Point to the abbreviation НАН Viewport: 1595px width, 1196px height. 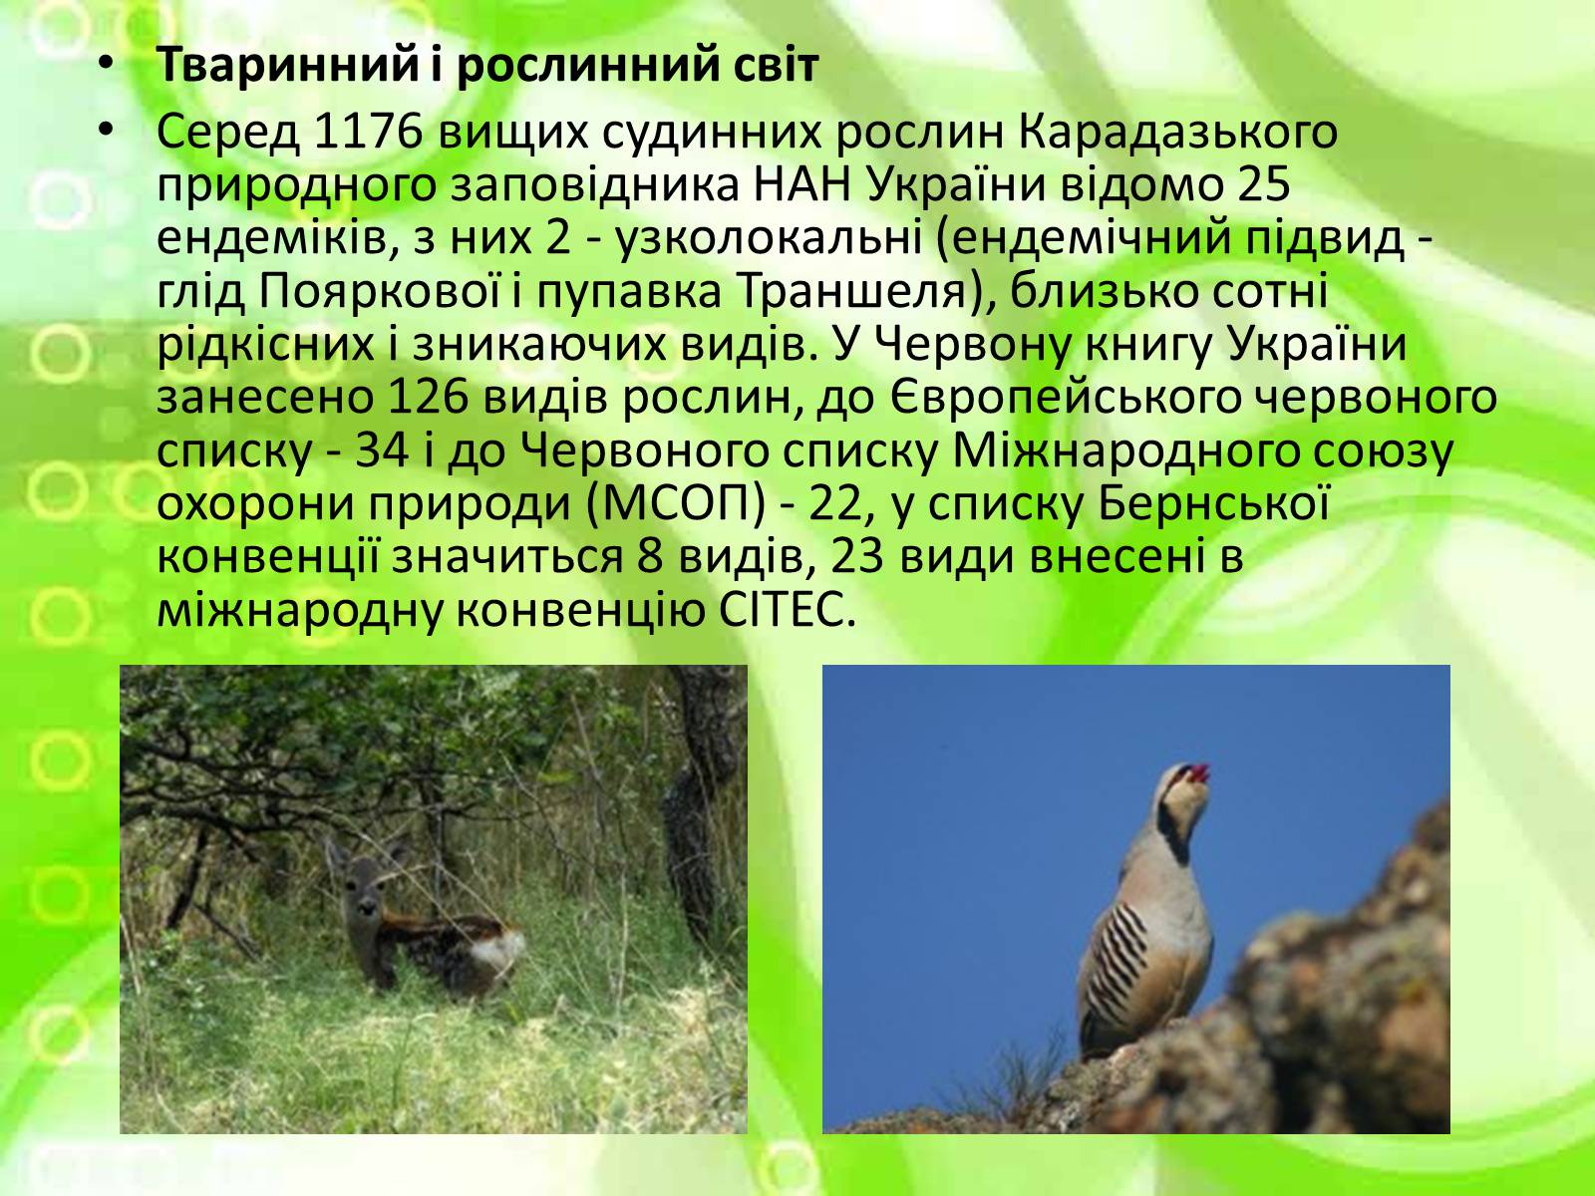click(x=801, y=185)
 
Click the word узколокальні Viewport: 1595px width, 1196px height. click(x=770, y=239)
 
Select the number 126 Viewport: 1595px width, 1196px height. click(x=428, y=399)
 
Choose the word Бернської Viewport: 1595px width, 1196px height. click(x=1213, y=503)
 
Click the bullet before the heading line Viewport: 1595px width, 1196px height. click(x=107, y=65)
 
